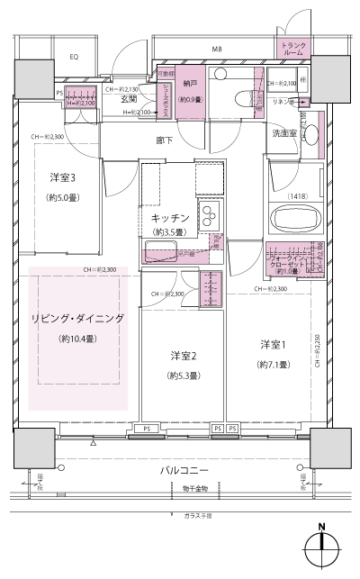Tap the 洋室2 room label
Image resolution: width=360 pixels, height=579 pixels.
[183, 354]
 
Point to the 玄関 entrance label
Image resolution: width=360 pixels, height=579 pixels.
[130, 99]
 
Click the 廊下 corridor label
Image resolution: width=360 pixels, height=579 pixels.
[164, 140]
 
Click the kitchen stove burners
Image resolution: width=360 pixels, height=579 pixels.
[209, 216]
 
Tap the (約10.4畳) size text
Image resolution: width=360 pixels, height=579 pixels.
[77, 339]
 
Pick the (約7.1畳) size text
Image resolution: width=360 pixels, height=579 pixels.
[271, 365]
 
